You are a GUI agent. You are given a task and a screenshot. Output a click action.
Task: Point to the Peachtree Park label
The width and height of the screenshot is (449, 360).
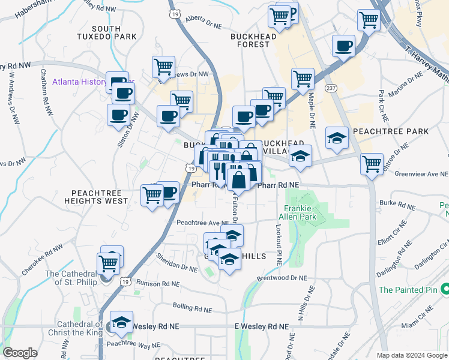[x=391, y=131]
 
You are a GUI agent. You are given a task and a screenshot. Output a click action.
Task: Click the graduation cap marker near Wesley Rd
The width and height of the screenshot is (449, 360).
[x=122, y=322]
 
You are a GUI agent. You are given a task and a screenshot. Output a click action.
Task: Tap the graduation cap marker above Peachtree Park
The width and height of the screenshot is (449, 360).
[x=337, y=138]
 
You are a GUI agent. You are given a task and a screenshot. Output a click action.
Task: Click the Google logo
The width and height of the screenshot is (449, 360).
[x=20, y=353]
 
